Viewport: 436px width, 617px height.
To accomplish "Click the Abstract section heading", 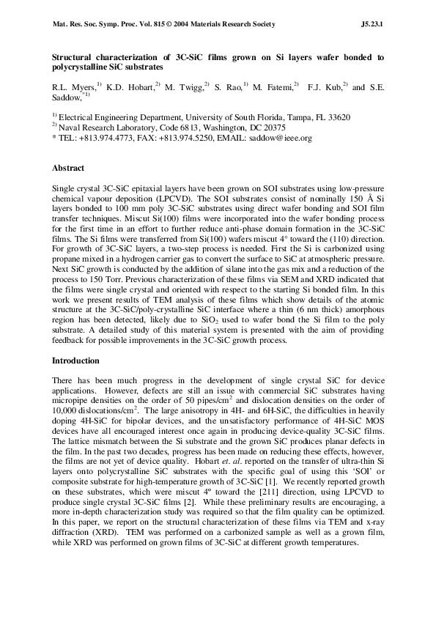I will click(x=69, y=168).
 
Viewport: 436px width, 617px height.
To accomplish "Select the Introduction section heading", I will click(x=78, y=361).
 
